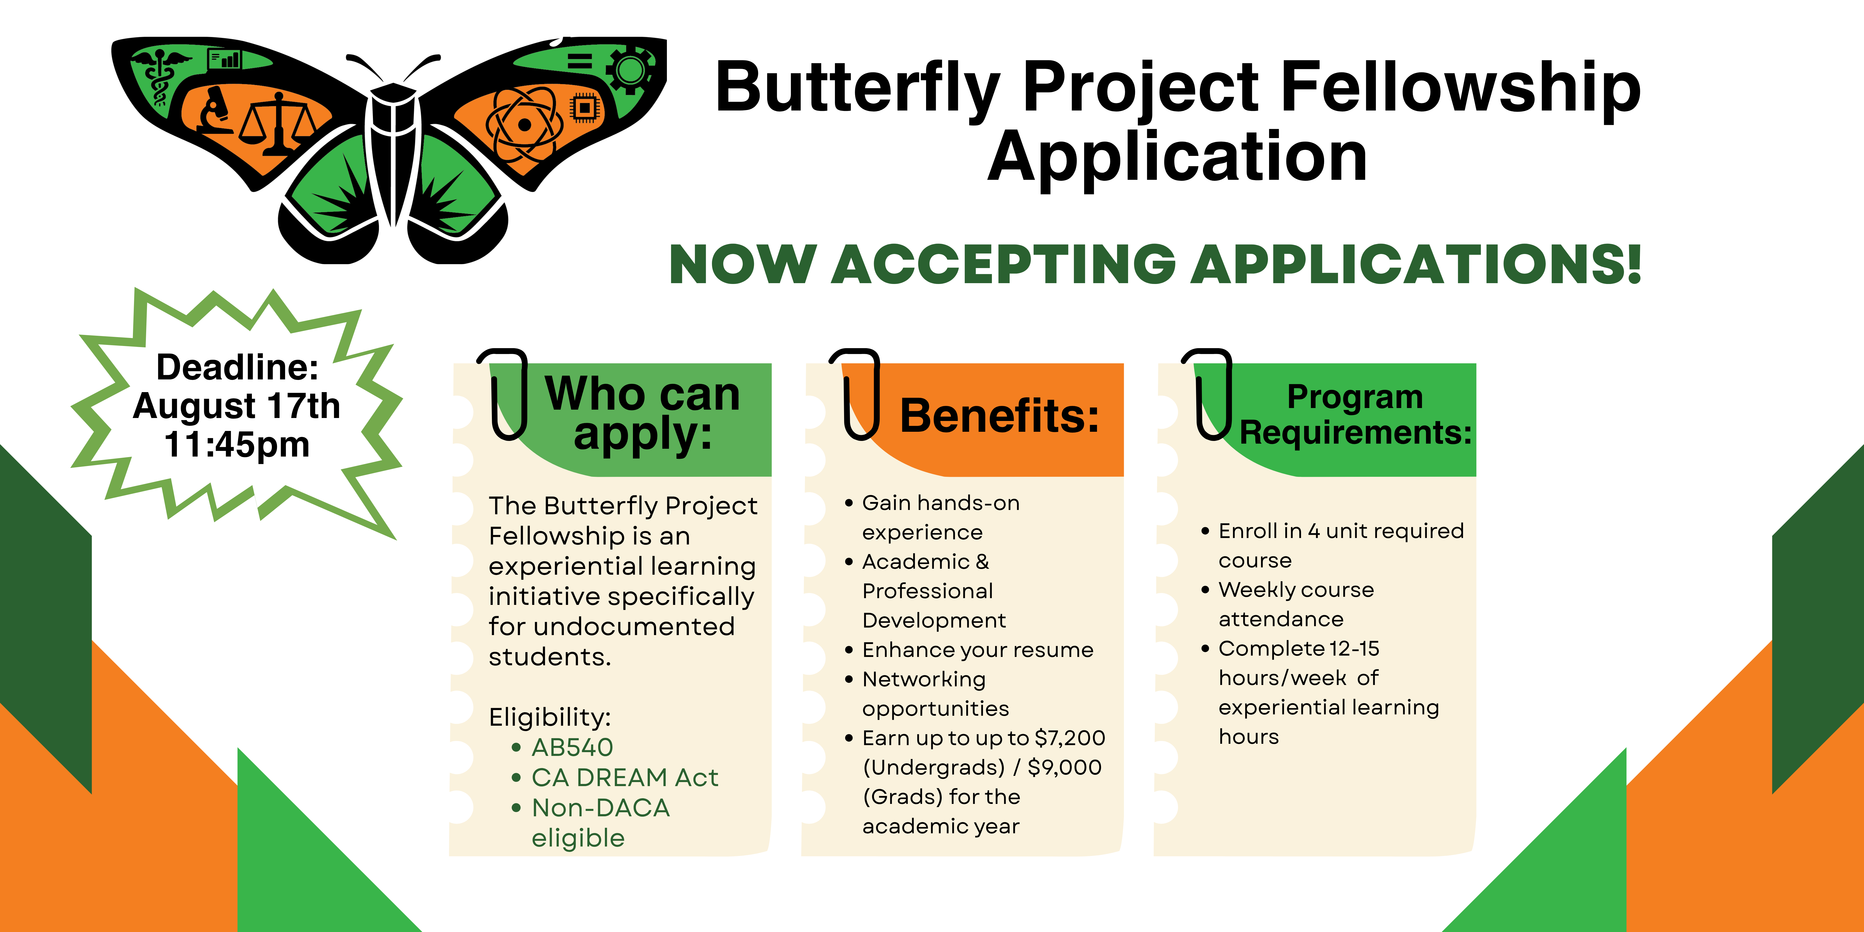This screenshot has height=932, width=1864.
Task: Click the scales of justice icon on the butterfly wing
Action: coord(279,123)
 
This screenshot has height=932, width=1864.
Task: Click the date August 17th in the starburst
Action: coord(237,406)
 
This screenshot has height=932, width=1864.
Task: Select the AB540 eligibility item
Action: coord(572,747)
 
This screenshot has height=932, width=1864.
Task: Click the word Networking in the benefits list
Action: coord(924,680)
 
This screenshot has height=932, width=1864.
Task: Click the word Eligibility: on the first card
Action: coord(550,717)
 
